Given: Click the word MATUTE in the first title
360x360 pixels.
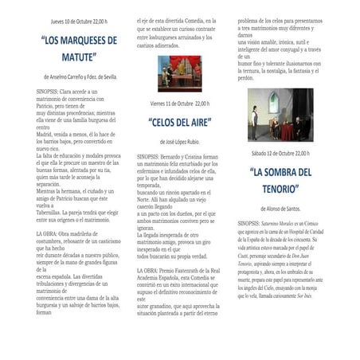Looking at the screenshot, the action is point(78,57).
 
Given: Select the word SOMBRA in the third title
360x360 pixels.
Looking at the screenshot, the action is point(280,171).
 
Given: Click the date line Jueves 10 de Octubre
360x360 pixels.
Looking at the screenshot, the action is point(78,22).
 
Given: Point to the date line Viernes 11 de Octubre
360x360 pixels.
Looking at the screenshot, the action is point(181,104).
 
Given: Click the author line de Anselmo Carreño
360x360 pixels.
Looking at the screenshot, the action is point(80,76).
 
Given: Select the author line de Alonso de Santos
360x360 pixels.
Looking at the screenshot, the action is point(274,207).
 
